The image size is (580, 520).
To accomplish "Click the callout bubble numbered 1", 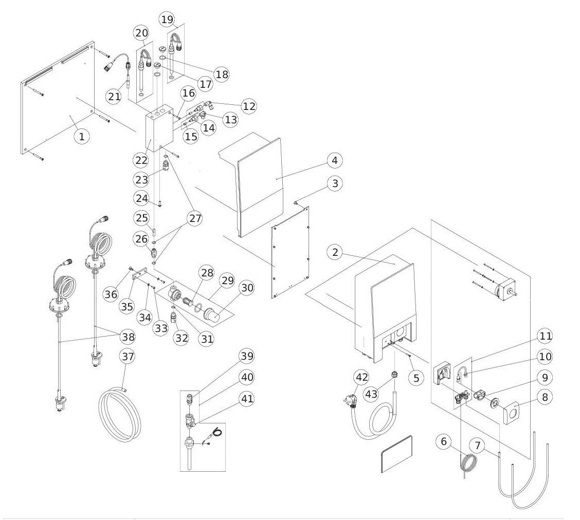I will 81,136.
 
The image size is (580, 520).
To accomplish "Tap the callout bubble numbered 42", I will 362,377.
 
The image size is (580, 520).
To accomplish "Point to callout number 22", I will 142,159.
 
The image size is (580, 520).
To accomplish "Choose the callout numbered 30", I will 247,288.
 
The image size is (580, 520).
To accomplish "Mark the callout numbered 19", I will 167,20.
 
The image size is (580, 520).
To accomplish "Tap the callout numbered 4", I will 334,160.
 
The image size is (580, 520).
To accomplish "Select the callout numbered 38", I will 127,337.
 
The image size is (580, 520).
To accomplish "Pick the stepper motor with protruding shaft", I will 504,290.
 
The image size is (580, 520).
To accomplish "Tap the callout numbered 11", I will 546,337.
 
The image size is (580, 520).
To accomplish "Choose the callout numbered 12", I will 248,106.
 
